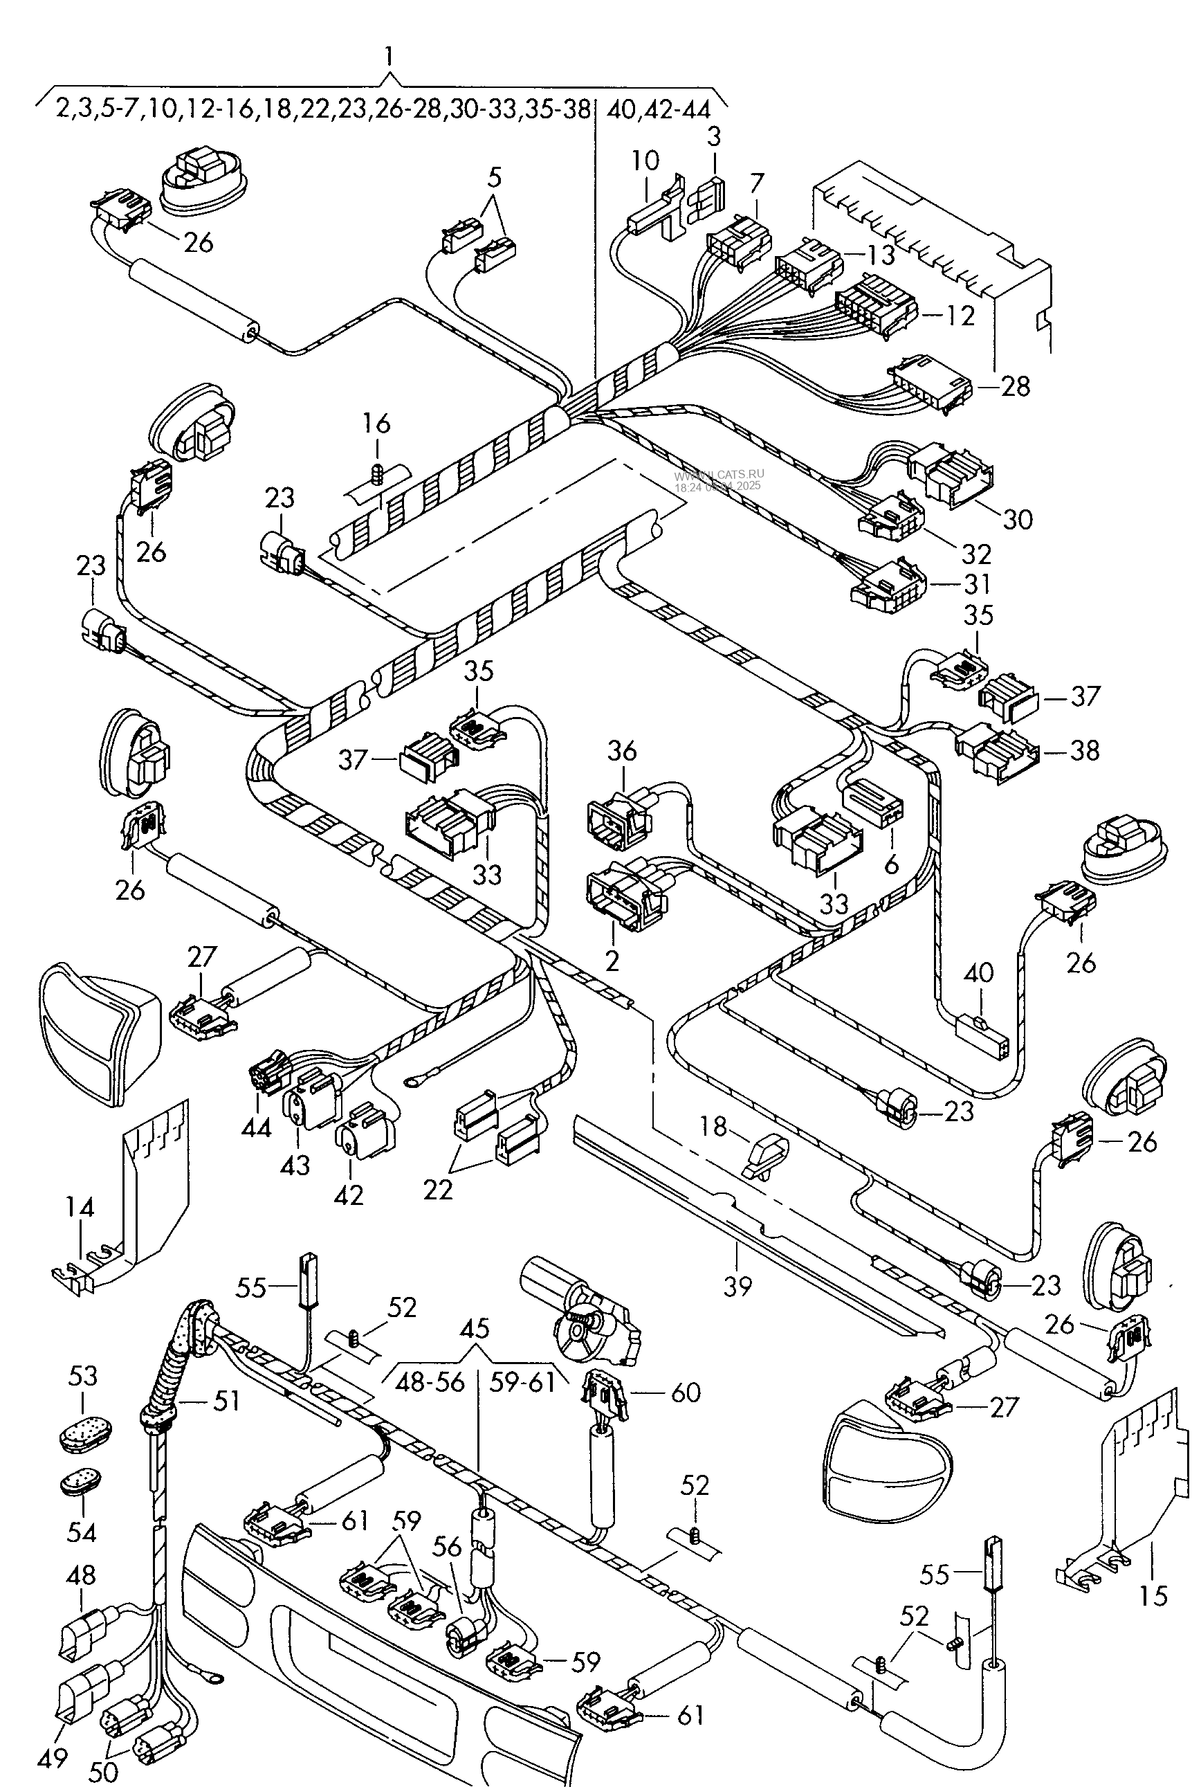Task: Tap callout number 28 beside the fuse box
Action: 1015,386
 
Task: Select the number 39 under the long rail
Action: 737,1286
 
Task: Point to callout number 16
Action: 376,423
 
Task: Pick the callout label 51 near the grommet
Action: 226,1400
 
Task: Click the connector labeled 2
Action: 625,899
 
